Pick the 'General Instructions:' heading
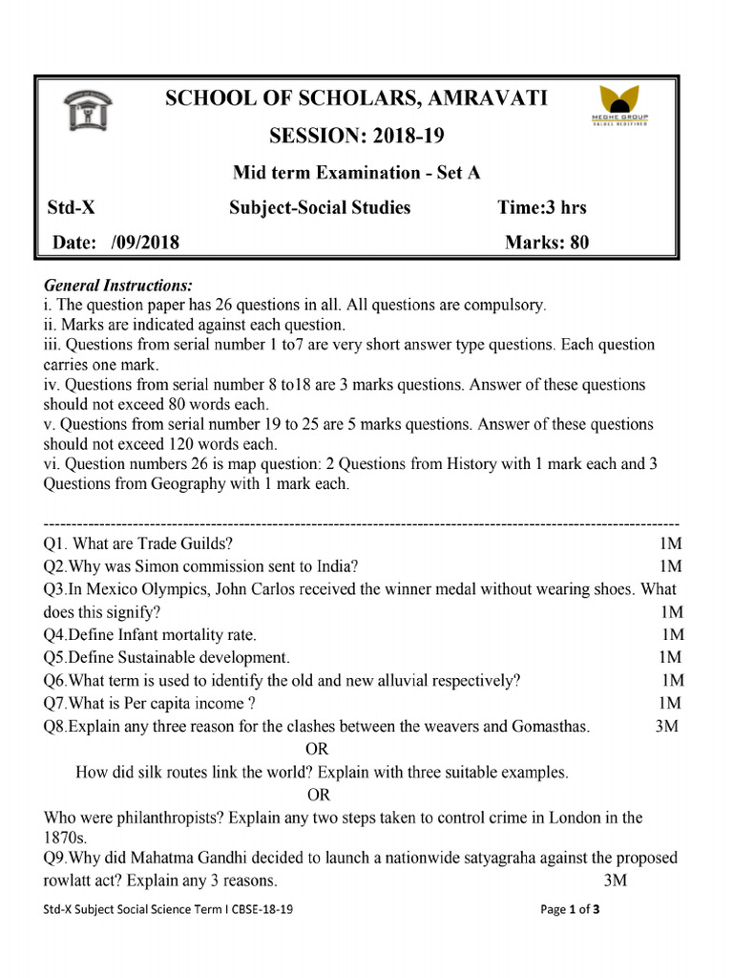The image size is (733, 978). click(118, 286)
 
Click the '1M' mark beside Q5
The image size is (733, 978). click(670, 657)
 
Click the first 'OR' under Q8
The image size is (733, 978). click(316, 749)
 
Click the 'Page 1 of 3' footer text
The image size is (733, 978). click(571, 910)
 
